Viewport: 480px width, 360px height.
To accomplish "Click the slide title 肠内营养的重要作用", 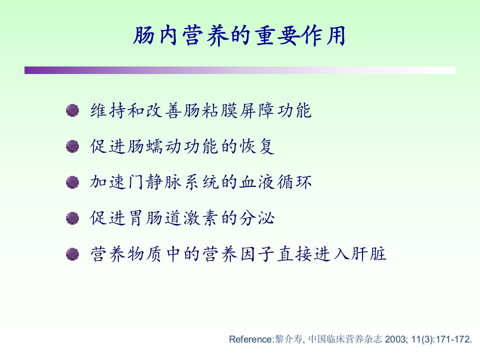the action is point(239,35).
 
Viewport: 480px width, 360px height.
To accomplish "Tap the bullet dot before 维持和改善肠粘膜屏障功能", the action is point(72,110).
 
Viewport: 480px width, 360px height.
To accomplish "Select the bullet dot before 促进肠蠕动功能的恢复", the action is point(72,146).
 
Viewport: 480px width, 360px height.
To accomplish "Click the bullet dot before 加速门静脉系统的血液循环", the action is point(72,182).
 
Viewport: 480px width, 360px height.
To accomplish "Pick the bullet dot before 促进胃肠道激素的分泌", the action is point(72,218).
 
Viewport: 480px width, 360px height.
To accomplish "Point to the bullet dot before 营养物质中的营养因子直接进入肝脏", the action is point(72,254).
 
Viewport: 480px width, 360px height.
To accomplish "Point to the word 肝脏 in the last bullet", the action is point(368,254).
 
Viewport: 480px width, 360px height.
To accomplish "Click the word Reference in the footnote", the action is point(250,339).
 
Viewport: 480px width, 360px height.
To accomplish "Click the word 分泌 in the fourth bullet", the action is point(256,218).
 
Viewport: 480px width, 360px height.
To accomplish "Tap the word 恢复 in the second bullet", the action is point(256,146).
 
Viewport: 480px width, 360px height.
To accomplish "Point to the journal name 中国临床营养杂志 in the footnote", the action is point(345,339).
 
